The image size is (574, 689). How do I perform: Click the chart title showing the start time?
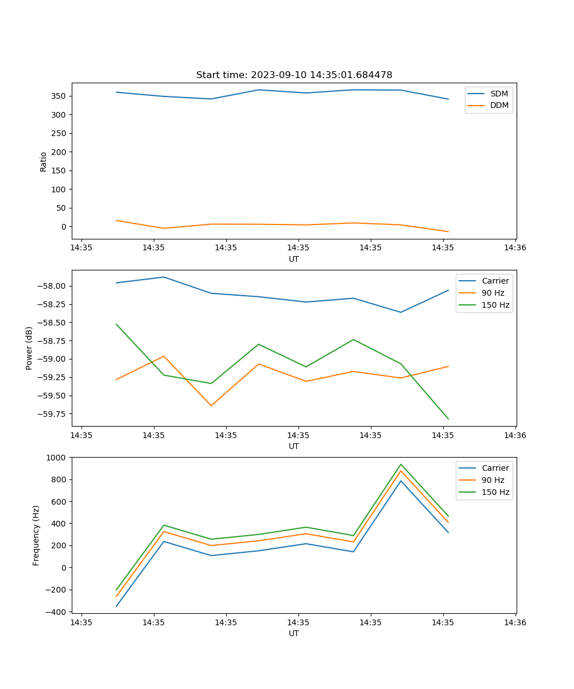294,75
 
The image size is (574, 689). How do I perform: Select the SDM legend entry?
499,94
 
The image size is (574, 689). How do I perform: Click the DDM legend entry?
499,105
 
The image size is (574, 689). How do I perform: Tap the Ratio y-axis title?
44,161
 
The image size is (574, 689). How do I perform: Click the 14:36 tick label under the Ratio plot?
515,248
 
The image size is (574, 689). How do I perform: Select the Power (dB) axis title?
29,348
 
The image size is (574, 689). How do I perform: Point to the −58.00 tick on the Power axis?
52,287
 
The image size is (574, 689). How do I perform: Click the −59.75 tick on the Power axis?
52,414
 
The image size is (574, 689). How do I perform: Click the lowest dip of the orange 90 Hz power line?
211,406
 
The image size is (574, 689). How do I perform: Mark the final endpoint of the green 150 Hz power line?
448,419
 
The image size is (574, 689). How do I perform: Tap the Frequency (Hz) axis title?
36,535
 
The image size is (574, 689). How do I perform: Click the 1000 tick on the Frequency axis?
57,458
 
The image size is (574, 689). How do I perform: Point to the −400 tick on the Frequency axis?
57,612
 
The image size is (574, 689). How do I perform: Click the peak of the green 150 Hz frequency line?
401,465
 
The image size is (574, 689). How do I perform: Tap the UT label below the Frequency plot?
294,634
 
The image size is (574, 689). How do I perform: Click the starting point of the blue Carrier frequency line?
117,606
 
